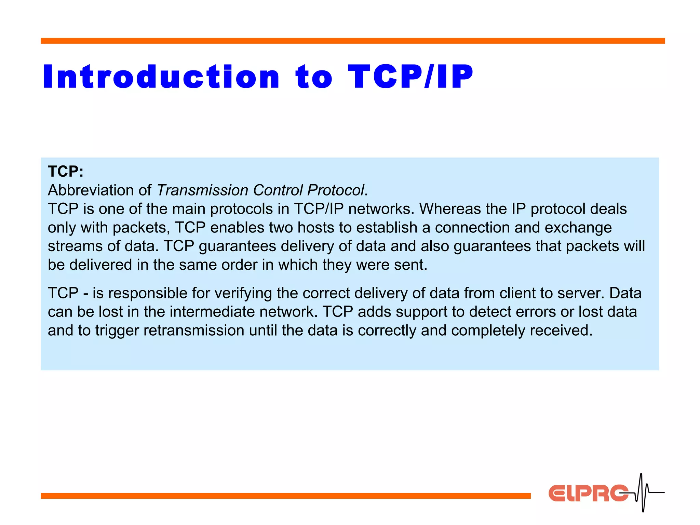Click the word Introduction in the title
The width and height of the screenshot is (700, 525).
(x=161, y=77)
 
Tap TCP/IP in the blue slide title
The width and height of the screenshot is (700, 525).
(x=410, y=77)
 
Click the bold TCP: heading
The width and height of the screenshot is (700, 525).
(x=66, y=172)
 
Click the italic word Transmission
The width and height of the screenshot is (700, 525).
(x=202, y=190)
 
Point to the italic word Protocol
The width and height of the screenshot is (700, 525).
(x=336, y=190)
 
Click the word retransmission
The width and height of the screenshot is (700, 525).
(x=194, y=331)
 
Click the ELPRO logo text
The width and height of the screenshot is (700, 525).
(x=588, y=493)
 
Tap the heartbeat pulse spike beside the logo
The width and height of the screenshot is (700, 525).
(x=642, y=492)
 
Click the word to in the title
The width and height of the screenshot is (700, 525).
(x=314, y=77)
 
